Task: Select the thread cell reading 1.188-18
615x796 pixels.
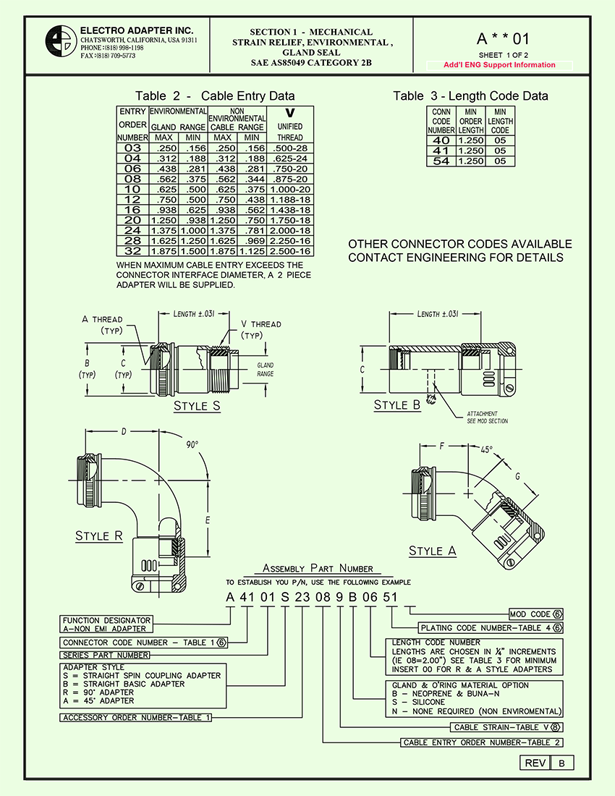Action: [290, 199]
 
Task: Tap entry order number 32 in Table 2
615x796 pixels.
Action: [132, 250]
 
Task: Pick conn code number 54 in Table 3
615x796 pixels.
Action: [441, 161]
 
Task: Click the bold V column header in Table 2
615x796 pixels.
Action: [290, 113]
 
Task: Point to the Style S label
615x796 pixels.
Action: [197, 406]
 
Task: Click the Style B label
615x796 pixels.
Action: [396, 405]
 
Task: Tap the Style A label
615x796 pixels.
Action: [433, 551]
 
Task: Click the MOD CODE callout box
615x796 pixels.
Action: [536, 614]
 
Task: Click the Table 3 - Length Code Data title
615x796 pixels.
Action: [470, 96]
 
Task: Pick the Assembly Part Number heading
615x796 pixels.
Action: [318, 569]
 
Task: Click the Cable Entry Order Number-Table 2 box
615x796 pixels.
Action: [482, 742]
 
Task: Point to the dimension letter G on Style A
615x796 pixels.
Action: [517, 477]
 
